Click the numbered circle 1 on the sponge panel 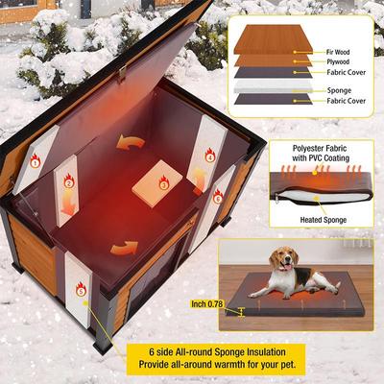[36, 162]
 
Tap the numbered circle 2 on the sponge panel [68, 182]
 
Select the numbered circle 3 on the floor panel [163, 181]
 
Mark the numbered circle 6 [218, 198]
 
